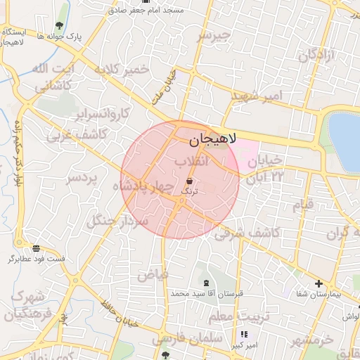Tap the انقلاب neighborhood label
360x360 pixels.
192,162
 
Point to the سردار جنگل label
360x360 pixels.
117,220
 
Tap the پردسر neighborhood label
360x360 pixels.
81,179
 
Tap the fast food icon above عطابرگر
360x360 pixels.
36,248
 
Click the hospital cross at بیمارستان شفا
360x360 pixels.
319,283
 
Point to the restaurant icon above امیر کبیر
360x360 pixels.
244,335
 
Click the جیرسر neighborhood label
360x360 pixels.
214,34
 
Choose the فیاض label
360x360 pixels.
153,274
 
